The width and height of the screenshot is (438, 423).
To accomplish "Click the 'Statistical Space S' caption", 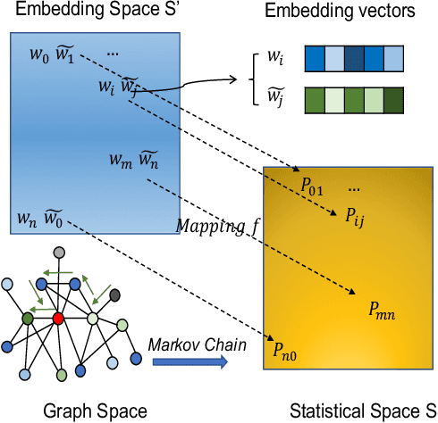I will (x=352, y=411).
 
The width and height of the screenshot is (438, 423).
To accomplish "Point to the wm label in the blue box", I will (x=119, y=161).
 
